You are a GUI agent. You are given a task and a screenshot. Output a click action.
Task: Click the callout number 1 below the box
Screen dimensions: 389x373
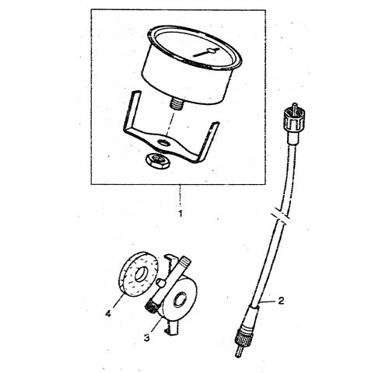(x=180, y=214)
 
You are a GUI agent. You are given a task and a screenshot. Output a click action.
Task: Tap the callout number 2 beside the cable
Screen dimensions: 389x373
(x=281, y=301)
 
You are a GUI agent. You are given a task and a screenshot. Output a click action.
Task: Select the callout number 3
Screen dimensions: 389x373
(x=147, y=338)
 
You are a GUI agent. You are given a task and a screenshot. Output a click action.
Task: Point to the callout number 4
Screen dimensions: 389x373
(x=108, y=314)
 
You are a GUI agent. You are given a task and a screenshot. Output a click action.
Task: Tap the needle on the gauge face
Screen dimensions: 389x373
(x=207, y=52)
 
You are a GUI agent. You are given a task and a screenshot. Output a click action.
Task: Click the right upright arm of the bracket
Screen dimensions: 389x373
(x=209, y=141)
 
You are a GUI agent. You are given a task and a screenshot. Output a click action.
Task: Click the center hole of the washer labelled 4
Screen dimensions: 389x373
(x=141, y=274)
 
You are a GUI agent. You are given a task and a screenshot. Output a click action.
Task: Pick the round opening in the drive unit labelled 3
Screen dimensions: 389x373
(x=180, y=300)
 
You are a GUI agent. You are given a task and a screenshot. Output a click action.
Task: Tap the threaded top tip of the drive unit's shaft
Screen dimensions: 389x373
(x=186, y=260)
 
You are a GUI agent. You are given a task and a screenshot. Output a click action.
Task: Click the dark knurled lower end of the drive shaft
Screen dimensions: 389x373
(x=150, y=309)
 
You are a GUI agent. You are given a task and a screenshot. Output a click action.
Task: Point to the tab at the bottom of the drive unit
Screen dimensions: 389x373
(x=171, y=328)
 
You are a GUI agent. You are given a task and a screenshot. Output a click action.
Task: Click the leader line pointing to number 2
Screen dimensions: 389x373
(x=268, y=302)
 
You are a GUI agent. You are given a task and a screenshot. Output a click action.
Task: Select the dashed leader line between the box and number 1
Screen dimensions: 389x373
(x=180, y=197)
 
